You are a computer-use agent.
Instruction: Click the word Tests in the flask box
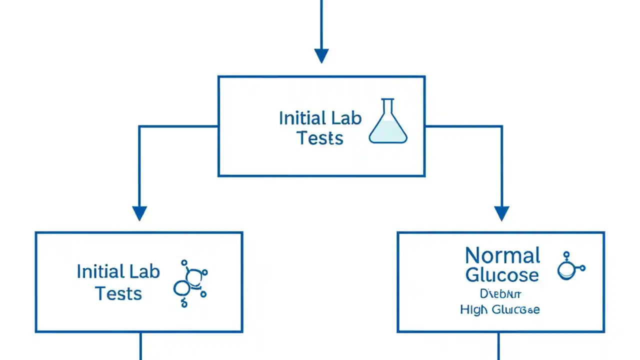click(320, 138)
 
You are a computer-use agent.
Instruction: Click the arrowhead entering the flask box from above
click(321, 55)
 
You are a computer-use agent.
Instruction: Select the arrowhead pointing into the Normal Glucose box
click(501, 213)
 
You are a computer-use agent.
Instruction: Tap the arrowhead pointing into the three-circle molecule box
click(139, 213)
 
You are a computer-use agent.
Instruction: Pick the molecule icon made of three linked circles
click(190, 283)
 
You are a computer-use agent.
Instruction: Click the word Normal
click(502, 255)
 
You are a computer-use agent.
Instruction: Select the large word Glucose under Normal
click(502, 274)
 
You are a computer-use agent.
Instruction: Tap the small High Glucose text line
click(499, 310)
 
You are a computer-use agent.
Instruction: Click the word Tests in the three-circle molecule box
click(118, 293)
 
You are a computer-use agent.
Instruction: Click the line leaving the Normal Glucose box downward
click(498, 346)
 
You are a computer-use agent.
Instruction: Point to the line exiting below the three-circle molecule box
click(140, 346)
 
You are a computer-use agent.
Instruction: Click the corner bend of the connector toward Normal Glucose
click(501, 127)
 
